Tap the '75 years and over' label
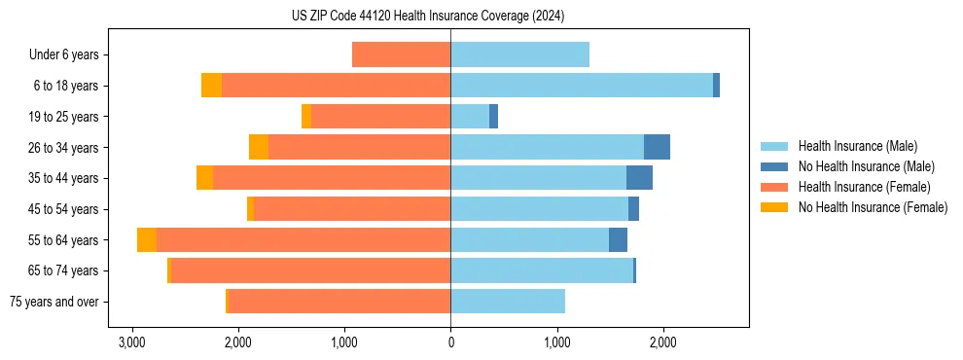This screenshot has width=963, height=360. (x=54, y=302)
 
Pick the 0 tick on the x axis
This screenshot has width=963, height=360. (x=450, y=343)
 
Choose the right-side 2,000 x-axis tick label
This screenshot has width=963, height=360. (x=662, y=343)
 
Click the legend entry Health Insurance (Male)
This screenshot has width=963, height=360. (x=857, y=147)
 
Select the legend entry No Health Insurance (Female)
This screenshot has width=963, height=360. (x=873, y=207)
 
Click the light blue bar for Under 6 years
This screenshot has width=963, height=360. (x=519, y=55)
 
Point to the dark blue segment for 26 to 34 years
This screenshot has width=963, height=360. (x=657, y=147)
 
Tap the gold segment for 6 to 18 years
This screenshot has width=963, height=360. (x=211, y=86)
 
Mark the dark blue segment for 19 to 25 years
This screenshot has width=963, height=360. (x=493, y=117)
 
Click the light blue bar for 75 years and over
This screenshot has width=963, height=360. (x=508, y=302)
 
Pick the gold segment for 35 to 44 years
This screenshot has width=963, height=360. (x=204, y=178)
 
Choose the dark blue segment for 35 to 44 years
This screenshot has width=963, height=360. (x=639, y=178)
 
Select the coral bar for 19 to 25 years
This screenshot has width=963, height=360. (x=380, y=117)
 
